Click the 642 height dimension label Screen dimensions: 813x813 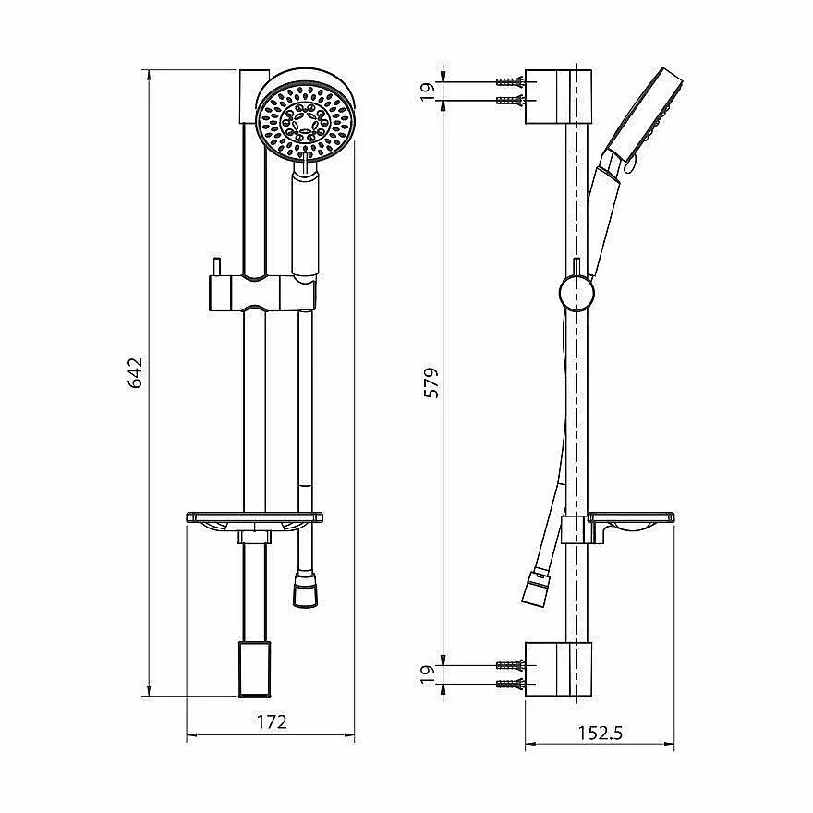(x=135, y=373)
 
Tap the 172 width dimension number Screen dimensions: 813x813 (x=272, y=722)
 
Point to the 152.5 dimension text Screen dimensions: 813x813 (x=600, y=733)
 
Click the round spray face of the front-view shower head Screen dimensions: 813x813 (x=305, y=122)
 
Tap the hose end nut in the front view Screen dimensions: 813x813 (x=306, y=589)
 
